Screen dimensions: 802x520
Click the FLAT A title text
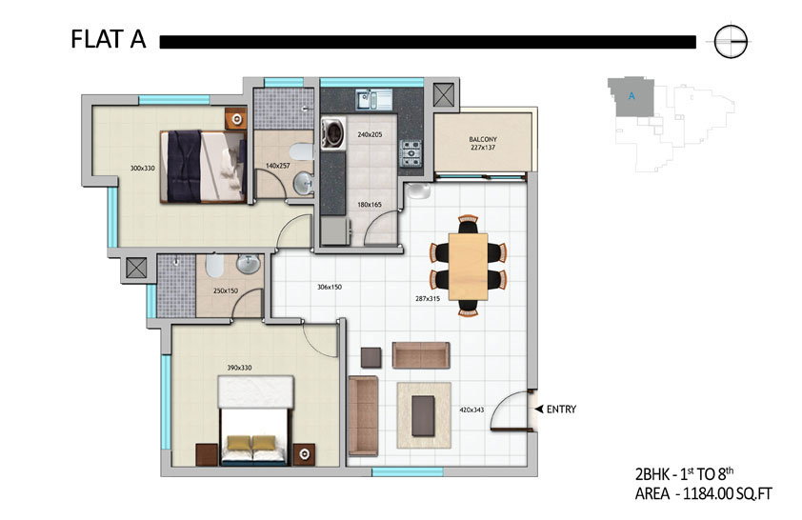coord(109,40)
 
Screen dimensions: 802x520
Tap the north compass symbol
coord(730,41)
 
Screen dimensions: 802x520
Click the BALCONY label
coord(483,139)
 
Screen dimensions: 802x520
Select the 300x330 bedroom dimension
coord(142,168)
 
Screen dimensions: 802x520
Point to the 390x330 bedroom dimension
coord(239,368)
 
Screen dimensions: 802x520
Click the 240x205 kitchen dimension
coord(370,135)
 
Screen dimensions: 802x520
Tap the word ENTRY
coord(561,409)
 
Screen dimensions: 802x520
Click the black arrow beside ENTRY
coord(539,409)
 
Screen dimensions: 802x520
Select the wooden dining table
coord(468,267)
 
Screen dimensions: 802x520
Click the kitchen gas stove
coord(411,153)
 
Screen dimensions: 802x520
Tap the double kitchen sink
coord(374,99)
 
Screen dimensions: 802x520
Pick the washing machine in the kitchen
coord(333,134)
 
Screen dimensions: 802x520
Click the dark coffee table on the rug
coord(424,415)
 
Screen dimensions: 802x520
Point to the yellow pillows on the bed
coord(251,442)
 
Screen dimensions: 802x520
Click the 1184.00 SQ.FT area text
coord(728,494)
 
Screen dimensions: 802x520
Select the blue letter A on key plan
coord(632,96)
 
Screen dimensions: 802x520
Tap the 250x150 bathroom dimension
coord(226,290)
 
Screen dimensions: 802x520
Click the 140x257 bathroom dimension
coord(278,166)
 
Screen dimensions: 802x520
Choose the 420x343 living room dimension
coord(471,410)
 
